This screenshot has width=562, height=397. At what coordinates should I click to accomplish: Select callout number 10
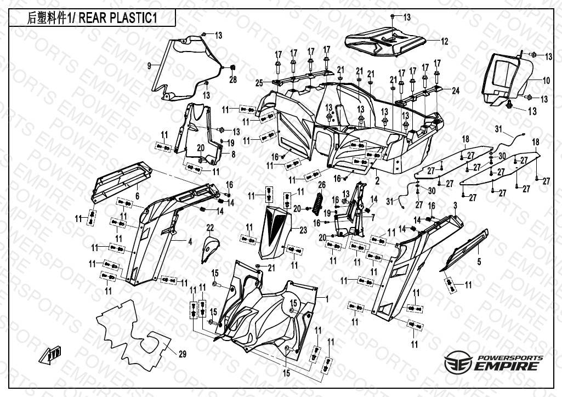coord(546,81)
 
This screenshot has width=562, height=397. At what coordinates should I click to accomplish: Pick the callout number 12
coord(445,41)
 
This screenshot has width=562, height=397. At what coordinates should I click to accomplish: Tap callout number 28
coord(232,80)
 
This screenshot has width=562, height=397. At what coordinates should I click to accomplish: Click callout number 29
coord(182,353)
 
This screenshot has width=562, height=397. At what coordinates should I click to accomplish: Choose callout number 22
coord(209,228)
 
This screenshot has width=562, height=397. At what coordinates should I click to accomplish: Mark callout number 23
coord(303,231)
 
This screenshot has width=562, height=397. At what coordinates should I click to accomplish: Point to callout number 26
coord(322,184)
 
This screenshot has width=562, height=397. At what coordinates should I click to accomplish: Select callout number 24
coord(455,90)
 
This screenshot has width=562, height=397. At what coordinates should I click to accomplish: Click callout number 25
coord(259,83)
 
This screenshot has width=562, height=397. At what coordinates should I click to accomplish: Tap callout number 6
coord(137,196)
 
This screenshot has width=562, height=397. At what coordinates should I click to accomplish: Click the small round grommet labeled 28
coord(232,67)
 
